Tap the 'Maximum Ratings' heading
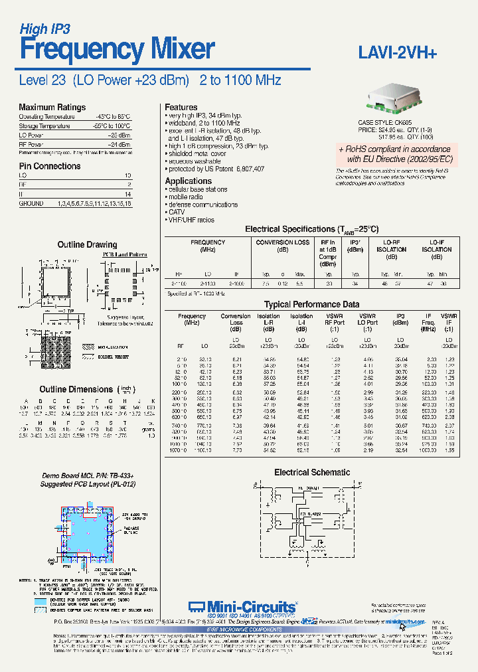pos(52,107)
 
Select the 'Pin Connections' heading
pos(50,166)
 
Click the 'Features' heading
pos(181,107)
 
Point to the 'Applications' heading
pos(189,181)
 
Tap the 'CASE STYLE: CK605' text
pos(385,123)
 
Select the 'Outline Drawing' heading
pos(87,244)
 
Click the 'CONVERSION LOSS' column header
pos(283,243)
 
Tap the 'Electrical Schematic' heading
pos(312,472)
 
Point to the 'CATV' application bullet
pos(178,212)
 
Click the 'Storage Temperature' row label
pos(44,126)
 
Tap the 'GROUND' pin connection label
pos(31,203)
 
